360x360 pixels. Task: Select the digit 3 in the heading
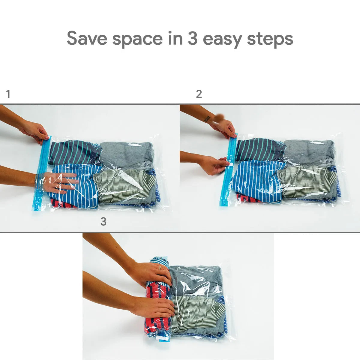[x=193, y=38]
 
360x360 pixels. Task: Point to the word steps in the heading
[x=270, y=39]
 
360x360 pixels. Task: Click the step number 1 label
[x=8, y=94]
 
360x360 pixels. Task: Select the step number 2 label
[x=199, y=94]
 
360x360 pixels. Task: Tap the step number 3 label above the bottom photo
[x=103, y=222]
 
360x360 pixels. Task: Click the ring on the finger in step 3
[x=160, y=267]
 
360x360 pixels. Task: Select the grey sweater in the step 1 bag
[x=127, y=154]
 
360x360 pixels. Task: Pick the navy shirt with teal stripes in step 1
[x=73, y=152]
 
